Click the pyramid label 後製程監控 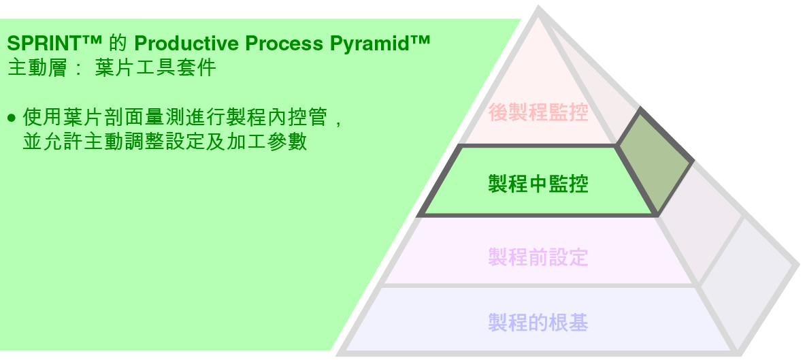click(x=538, y=112)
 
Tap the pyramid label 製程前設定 click(x=538, y=257)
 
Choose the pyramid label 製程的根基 click(x=538, y=321)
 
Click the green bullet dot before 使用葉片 click(x=11, y=118)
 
